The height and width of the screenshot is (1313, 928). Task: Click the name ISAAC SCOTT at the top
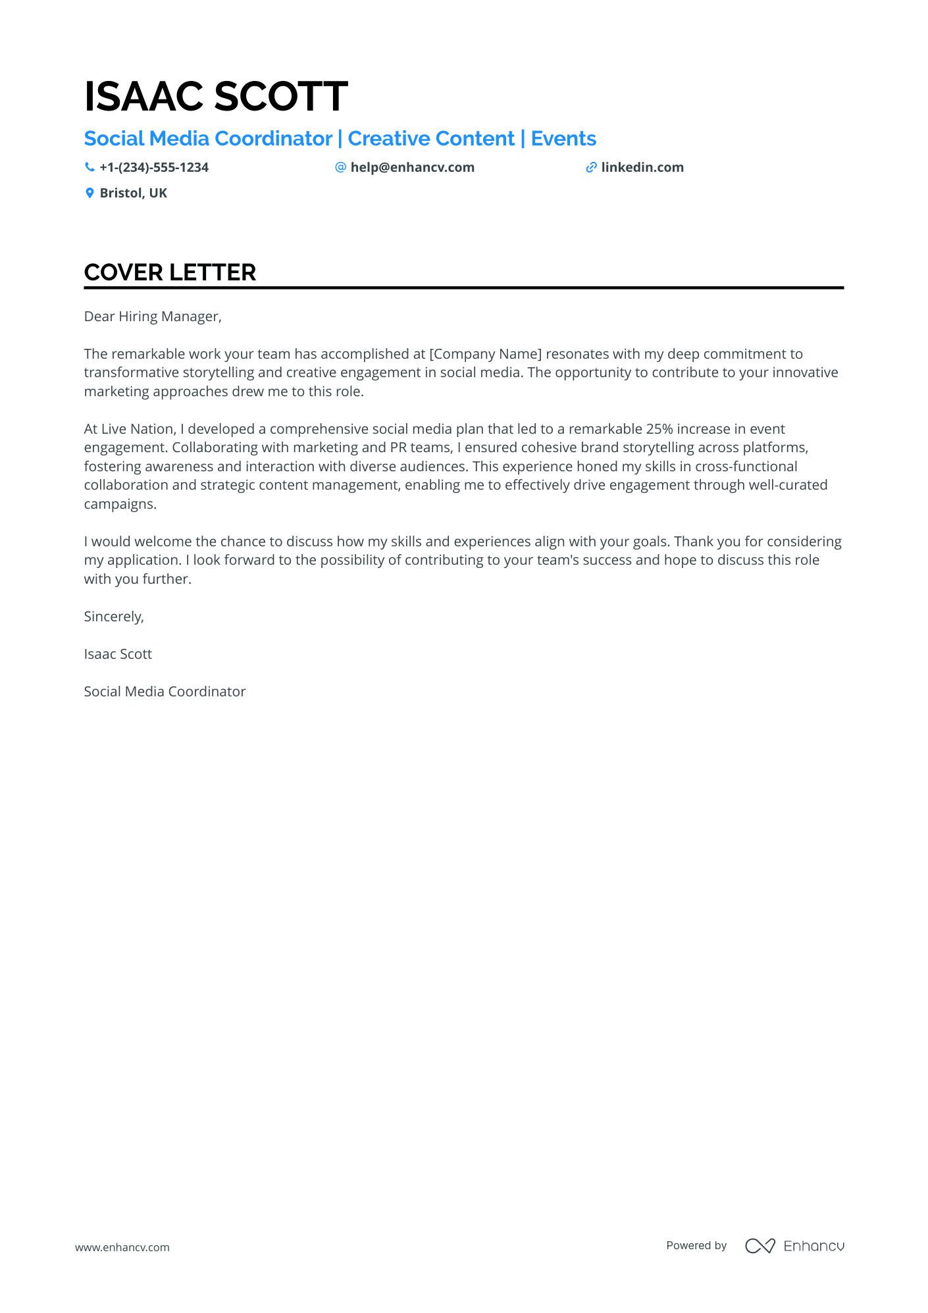coord(216,96)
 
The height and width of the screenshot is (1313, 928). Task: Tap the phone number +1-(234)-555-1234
coord(153,168)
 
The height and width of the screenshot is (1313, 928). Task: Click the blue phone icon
coord(90,168)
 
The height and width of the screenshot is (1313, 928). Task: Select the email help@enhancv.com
coord(412,168)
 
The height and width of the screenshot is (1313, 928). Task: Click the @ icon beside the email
coord(340,168)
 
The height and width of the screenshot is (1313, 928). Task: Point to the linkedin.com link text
coord(642,168)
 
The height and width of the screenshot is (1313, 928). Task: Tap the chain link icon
coord(591,168)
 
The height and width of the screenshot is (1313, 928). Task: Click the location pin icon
coord(90,193)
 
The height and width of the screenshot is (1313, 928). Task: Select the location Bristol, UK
coord(133,193)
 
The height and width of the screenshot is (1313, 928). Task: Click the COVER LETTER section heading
coord(170,272)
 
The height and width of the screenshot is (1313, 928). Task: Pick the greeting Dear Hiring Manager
coord(153,317)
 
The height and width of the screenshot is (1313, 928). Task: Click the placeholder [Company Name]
coord(486,354)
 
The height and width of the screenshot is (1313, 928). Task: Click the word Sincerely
coord(113,617)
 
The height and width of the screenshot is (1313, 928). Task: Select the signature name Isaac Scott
coord(118,654)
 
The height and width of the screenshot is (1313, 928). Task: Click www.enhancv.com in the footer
coord(122,1247)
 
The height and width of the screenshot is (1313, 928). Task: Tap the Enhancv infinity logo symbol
coord(760,1246)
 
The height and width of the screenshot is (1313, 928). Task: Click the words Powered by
coord(696,1245)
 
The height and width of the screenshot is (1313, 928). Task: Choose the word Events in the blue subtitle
coord(563,139)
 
